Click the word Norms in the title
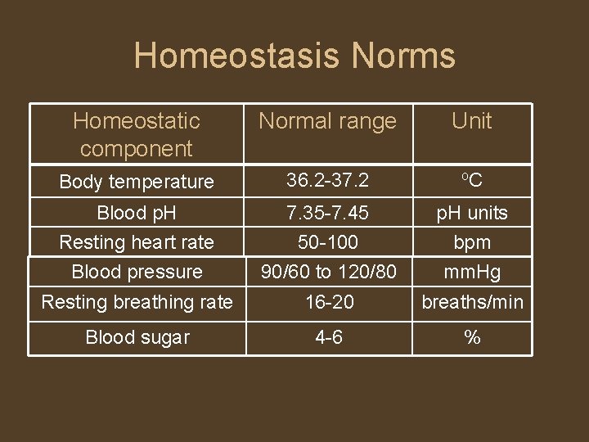coord(403,56)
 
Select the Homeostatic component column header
coord(137,134)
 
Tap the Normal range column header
coord(327,121)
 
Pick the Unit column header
coord(472,121)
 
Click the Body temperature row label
coord(137,182)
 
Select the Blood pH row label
coord(137,213)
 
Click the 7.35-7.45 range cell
coord(327,213)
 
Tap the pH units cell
coord(472,213)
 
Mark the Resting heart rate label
coord(137,242)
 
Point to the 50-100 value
coord(327,242)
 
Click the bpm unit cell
coord(472,242)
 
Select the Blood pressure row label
coord(137,272)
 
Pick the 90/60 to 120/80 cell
coord(327,272)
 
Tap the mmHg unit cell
coord(472,272)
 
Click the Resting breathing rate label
coord(137,302)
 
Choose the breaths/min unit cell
coord(472,302)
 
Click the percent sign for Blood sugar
coord(472,337)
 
